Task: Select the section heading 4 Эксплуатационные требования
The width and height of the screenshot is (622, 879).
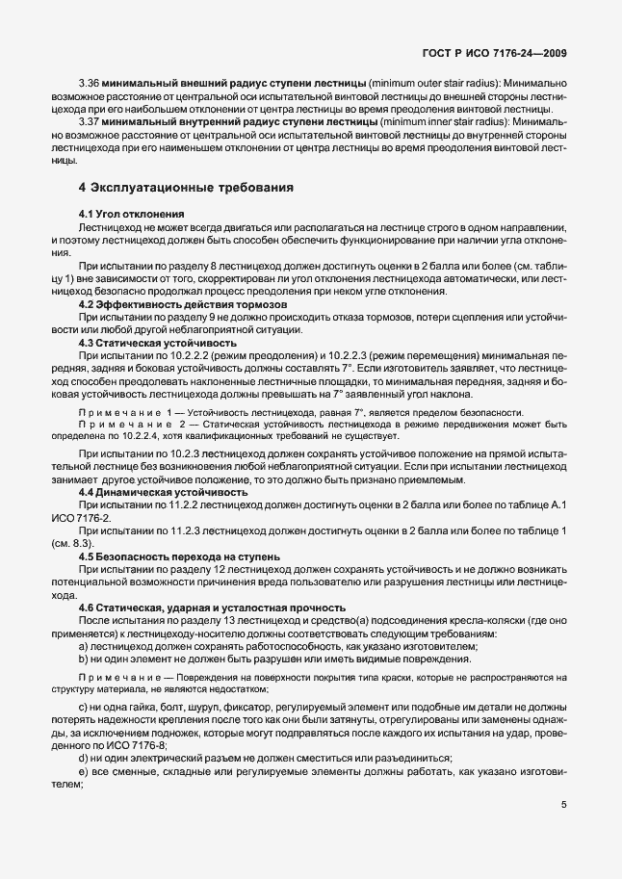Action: [x=187, y=188]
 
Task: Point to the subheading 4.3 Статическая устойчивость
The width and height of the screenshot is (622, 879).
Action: [x=154, y=343]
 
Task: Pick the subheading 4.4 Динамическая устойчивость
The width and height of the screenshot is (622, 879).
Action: [x=157, y=492]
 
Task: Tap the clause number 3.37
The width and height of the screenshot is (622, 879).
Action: [x=90, y=123]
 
